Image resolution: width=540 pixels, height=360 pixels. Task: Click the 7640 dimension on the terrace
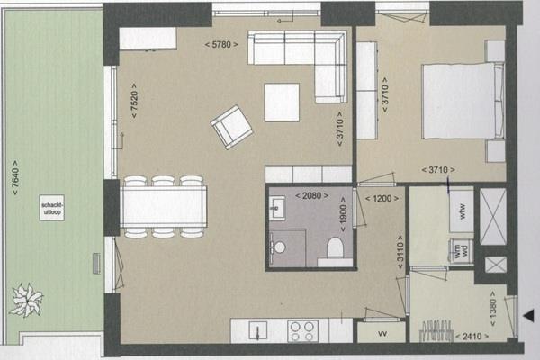(x=15, y=178)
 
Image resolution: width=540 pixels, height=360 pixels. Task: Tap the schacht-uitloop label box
(x=52, y=208)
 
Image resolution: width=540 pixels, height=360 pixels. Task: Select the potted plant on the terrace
(x=26, y=300)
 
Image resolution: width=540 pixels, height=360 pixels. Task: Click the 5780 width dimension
(x=221, y=44)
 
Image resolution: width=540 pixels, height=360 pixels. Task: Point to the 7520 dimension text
(x=134, y=101)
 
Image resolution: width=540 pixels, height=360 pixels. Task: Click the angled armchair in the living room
(x=232, y=127)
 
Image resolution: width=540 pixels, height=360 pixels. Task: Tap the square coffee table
(x=282, y=103)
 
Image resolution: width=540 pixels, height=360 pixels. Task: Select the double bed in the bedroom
(x=463, y=102)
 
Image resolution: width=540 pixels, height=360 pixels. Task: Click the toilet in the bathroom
(x=335, y=247)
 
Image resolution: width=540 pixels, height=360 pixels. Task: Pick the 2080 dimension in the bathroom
(x=312, y=196)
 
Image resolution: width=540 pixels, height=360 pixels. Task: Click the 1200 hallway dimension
(x=382, y=199)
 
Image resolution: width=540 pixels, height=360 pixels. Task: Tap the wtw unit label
(x=462, y=211)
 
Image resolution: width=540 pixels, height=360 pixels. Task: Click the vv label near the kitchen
(x=382, y=333)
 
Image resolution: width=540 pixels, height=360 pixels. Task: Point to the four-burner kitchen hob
(x=302, y=331)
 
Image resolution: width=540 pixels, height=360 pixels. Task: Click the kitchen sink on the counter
(x=258, y=331)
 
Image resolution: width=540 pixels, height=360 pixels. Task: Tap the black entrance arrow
(x=529, y=315)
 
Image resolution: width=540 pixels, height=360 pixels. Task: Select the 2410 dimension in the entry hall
(x=472, y=337)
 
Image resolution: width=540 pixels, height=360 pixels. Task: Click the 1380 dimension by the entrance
(x=493, y=309)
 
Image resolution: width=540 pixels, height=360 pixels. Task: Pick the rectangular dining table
(x=164, y=207)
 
